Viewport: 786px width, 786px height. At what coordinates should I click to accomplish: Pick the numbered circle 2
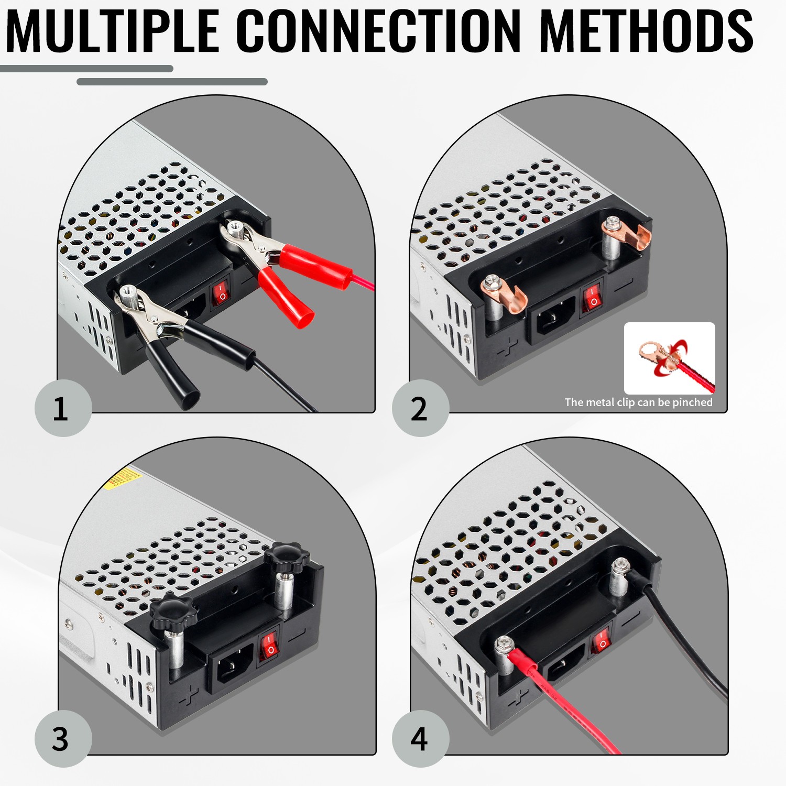point(420,408)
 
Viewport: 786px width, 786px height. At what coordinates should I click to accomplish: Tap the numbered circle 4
point(420,739)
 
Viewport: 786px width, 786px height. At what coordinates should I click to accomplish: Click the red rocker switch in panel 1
point(221,293)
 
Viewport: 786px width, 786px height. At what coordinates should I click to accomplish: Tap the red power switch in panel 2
point(593,298)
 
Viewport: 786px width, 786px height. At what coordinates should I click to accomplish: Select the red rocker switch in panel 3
point(269,645)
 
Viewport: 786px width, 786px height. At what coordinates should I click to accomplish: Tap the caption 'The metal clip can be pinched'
point(638,402)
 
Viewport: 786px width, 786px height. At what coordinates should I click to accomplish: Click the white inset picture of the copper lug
point(670,358)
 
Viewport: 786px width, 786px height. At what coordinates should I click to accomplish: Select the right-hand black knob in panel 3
point(286,558)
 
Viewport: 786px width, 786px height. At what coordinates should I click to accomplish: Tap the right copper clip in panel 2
point(626,233)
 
